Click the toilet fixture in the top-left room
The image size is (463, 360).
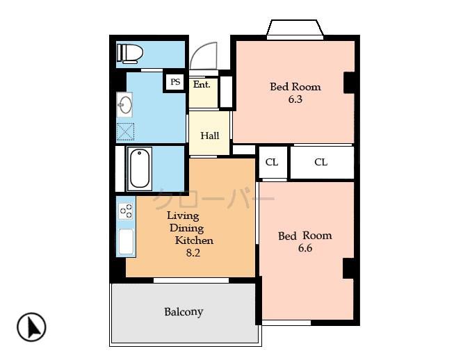[130, 53]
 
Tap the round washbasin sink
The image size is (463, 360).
[126, 106]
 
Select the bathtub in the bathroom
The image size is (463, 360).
[140, 168]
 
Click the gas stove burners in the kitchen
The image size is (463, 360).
[126, 211]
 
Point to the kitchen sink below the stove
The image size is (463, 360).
[126, 241]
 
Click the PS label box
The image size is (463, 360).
[175, 82]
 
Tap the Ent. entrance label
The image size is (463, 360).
[202, 84]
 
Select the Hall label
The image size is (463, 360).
[210, 136]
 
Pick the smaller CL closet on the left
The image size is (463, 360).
[272, 163]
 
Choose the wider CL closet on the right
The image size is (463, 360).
[320, 163]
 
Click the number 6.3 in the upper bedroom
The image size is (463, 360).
[295, 99]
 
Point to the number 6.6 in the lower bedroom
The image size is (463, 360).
[304, 248]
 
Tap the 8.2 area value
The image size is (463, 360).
[193, 253]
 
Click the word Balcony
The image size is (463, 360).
[184, 312]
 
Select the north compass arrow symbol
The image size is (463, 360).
[31, 327]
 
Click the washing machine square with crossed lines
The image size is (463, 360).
[126, 131]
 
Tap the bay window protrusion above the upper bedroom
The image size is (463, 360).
[295, 29]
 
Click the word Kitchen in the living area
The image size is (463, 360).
[194, 240]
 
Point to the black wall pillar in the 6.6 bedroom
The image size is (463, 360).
[349, 268]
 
